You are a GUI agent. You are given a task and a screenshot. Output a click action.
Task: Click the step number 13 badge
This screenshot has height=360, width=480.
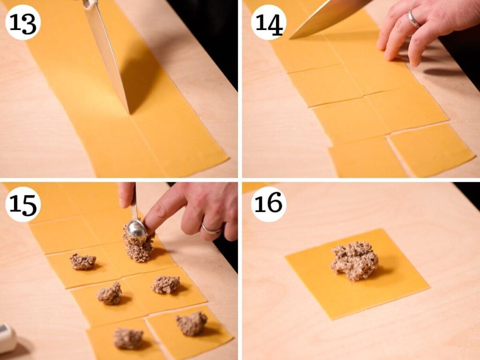[23, 22]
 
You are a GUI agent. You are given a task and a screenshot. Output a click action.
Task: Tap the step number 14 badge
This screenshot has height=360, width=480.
[269, 22]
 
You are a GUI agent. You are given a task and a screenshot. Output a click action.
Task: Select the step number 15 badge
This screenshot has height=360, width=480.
[23, 204]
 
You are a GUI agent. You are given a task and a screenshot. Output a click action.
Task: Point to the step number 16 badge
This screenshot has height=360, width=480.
[269, 204]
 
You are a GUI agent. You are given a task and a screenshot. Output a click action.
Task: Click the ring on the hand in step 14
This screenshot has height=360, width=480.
[414, 19]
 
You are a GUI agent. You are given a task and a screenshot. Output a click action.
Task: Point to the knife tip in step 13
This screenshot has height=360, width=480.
[129, 113]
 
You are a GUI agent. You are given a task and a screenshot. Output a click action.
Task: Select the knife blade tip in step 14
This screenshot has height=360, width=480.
[290, 38]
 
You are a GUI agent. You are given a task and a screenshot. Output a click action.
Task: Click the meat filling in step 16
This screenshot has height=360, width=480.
[354, 261]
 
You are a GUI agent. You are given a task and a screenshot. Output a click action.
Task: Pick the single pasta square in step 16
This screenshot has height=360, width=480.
[357, 274]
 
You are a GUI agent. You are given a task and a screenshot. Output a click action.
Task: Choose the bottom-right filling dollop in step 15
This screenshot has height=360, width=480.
[192, 323]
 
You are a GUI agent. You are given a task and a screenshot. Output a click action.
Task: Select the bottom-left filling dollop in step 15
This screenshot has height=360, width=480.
[128, 338]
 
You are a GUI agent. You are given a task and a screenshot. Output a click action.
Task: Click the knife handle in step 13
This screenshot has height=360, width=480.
[90, 4]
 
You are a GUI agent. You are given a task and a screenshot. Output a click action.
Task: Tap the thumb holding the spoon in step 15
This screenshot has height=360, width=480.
[126, 195]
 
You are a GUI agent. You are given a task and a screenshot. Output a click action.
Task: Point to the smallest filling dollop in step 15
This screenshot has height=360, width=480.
[83, 262]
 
